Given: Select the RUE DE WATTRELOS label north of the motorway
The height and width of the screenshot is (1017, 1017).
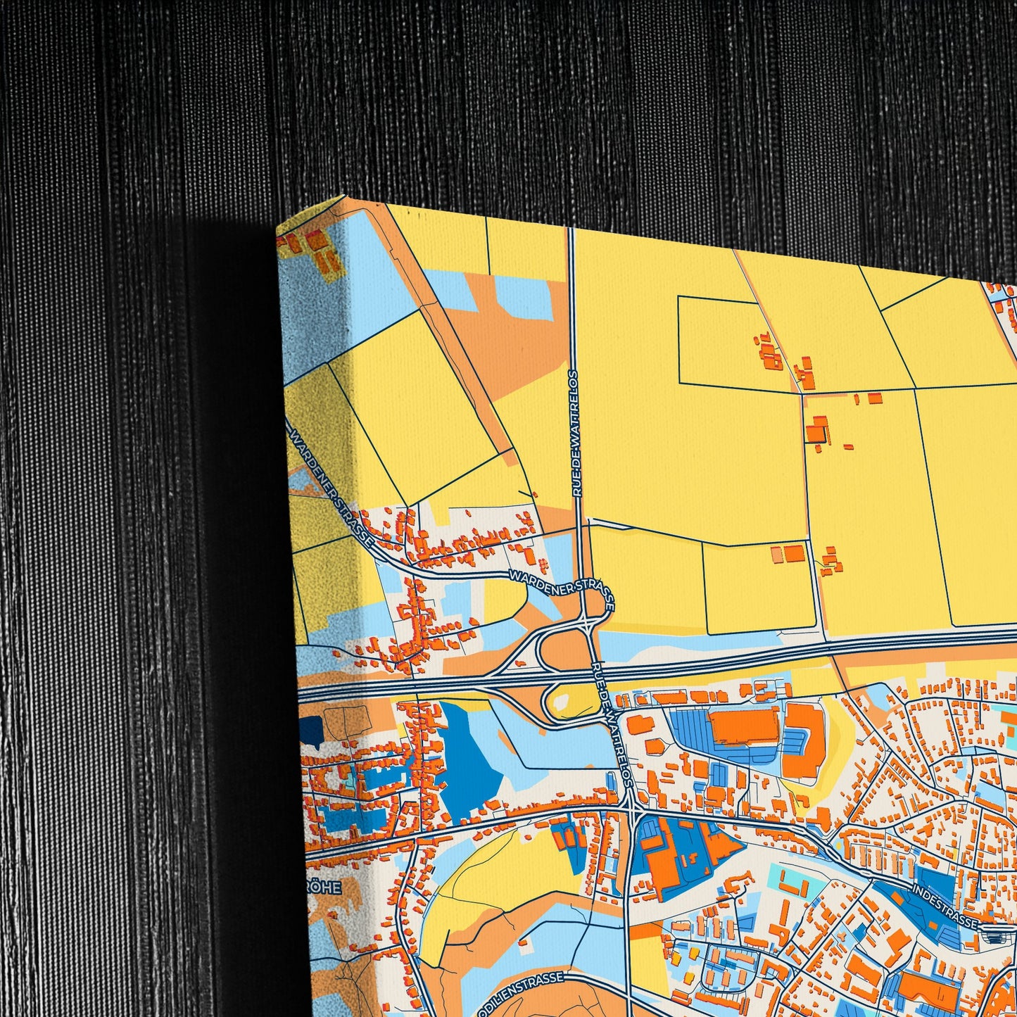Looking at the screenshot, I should tap(575, 434).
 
